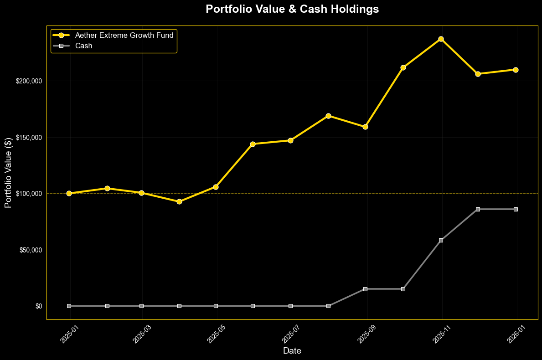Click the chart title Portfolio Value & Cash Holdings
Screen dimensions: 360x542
292,9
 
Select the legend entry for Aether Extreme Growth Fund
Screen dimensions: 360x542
124,35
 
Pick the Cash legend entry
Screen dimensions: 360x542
83,46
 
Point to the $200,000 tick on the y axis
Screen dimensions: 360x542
29,81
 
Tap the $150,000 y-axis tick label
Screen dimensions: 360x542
29,138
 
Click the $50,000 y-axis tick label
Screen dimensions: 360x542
31,250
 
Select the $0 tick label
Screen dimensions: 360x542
39,306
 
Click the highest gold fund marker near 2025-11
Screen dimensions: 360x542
441,39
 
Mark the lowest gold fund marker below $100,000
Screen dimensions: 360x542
179,201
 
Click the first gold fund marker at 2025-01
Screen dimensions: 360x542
69,193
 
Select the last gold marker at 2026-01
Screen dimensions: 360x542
516,70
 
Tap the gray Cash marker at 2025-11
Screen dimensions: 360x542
441,240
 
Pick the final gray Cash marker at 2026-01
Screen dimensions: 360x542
516,209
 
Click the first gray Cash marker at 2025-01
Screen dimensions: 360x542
69,306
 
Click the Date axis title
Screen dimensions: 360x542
292,351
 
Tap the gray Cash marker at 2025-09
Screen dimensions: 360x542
365,289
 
